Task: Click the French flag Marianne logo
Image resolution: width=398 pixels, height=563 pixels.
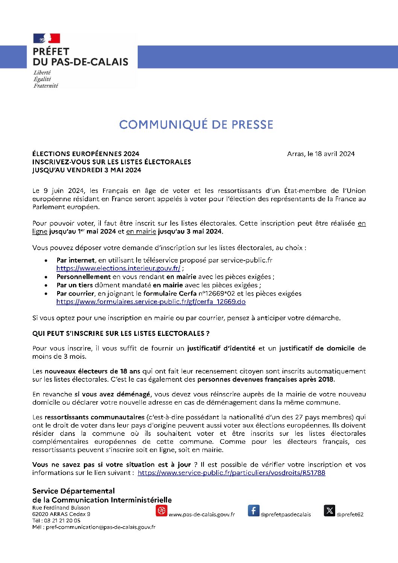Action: pyautogui.click(x=47, y=38)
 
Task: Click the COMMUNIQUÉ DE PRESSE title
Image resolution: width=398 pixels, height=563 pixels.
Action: pyautogui.click(x=196, y=124)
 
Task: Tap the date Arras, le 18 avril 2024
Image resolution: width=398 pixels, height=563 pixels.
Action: pyautogui.click(x=321, y=153)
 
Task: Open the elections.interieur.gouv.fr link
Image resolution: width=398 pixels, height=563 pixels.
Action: pyautogui.click(x=118, y=268)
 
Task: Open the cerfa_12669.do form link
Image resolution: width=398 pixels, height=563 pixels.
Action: pyautogui.click(x=151, y=302)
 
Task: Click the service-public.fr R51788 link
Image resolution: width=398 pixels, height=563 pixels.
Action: pyautogui.click(x=231, y=473)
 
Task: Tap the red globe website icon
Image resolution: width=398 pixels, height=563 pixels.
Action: pyautogui.click(x=161, y=510)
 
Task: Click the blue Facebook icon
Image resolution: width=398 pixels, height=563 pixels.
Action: pyautogui.click(x=254, y=510)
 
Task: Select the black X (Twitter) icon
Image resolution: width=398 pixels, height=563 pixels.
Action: pyautogui.click(x=330, y=510)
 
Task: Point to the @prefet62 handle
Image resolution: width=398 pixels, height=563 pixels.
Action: pyautogui.click(x=350, y=514)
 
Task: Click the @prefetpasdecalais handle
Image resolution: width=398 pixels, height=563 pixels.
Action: pyautogui.click(x=286, y=514)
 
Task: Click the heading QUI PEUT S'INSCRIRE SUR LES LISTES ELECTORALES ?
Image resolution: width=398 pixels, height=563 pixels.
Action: pyautogui.click(x=121, y=333)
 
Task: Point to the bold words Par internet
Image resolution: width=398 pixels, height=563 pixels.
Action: pyautogui.click(x=75, y=260)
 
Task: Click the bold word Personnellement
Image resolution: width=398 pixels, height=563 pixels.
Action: pyautogui.click(x=84, y=276)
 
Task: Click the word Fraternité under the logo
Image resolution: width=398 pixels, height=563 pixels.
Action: pyautogui.click(x=46, y=86)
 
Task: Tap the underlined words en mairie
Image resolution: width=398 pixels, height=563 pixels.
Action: pyautogui.click(x=141, y=231)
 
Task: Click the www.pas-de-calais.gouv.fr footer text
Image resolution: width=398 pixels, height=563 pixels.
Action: pyautogui.click(x=202, y=514)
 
